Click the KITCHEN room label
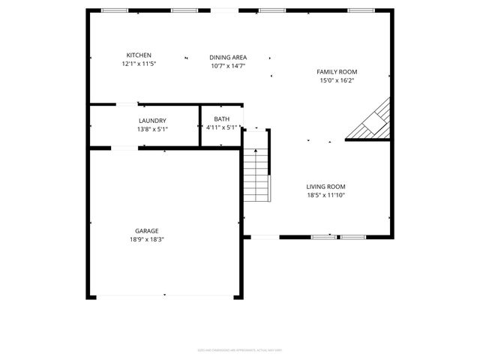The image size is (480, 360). click(139, 55)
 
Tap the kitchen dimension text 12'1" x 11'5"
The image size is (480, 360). click(139, 64)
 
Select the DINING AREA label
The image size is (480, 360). click(228, 58)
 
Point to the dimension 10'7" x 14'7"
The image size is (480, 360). click(228, 66)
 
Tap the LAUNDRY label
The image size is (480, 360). click(152, 121)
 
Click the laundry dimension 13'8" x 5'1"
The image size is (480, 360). click(152, 129)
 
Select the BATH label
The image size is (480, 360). click(221, 119)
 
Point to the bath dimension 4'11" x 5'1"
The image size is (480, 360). click(221, 127)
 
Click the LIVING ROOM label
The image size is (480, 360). click(325, 187)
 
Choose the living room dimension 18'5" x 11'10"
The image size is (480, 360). click(325, 195)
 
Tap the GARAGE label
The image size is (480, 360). click(147, 231)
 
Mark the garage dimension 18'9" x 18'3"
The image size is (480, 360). click(147, 239)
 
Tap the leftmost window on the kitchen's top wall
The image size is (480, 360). click(114, 10)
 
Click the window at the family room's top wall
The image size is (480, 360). click(361, 10)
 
